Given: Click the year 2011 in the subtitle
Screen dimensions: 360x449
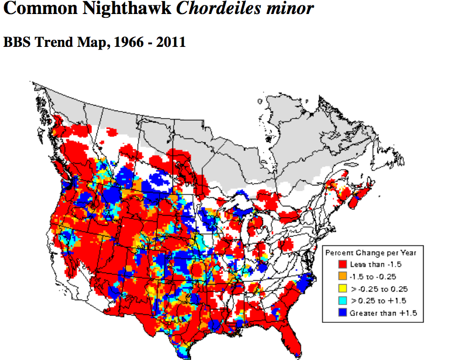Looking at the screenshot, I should tap(171, 42).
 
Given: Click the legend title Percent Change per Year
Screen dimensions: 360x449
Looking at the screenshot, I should tap(370, 252).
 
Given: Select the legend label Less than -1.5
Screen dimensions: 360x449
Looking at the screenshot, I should tap(375, 264).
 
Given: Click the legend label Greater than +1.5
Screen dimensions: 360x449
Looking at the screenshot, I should tap(383, 313).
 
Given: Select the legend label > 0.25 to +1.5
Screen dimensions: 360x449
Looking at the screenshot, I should tap(377, 300).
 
